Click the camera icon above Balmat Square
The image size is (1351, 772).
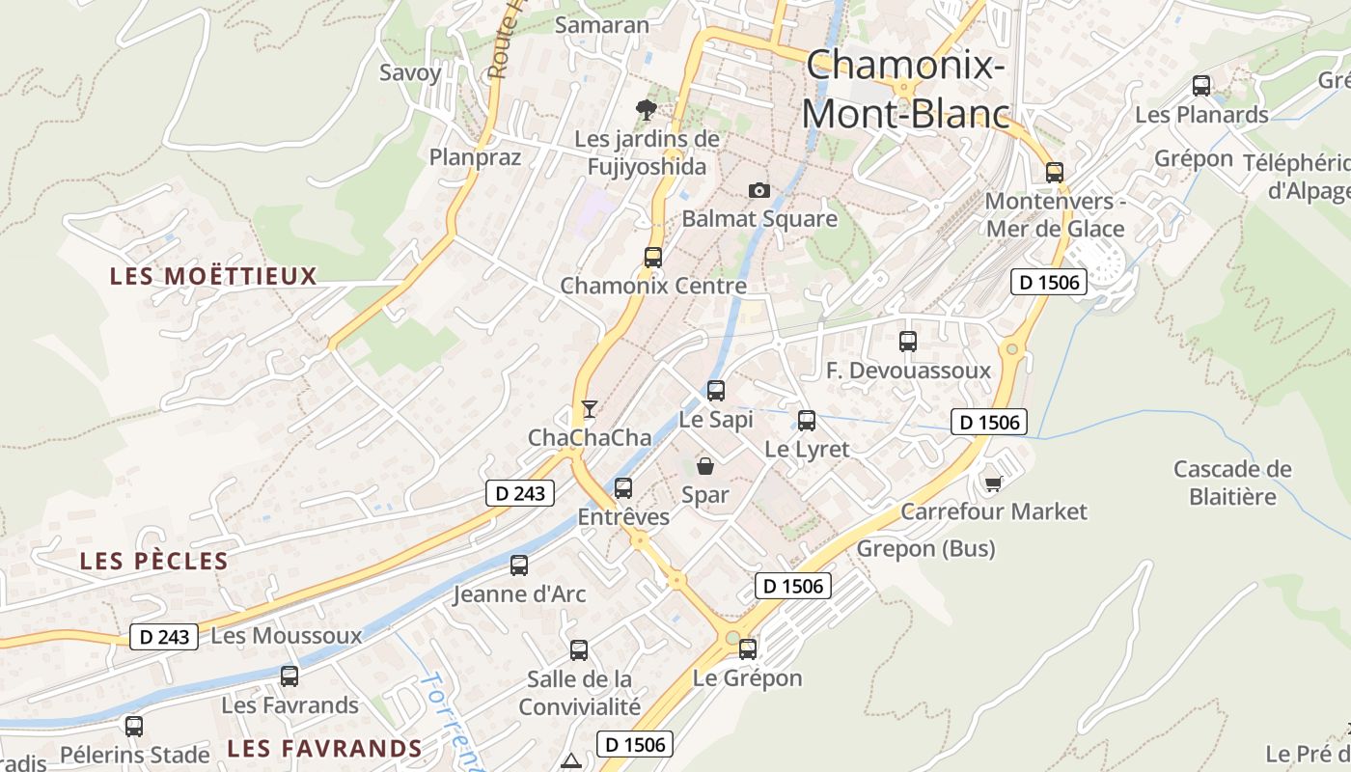pos(759,190)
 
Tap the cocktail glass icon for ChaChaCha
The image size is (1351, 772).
pos(590,409)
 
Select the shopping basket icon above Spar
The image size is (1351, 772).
pos(705,467)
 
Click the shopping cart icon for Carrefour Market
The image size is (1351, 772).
pos(993,482)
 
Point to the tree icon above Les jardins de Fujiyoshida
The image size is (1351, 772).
pos(647,109)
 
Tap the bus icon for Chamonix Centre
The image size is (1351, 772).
pos(653,258)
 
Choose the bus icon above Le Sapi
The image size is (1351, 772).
pos(715,391)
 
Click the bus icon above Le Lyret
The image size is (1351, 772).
pos(807,421)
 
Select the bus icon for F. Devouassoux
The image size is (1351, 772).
pos(907,342)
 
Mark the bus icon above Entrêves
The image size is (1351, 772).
pos(623,488)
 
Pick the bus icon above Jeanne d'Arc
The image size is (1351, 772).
pos(519,565)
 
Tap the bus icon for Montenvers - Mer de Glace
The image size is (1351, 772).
pos(1055,173)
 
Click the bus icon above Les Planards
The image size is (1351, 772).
pos(1201,86)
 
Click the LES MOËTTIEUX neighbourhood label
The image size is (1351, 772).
pos(213,277)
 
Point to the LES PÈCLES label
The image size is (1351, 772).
pos(154,562)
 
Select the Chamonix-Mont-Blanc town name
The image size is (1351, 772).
pos(905,89)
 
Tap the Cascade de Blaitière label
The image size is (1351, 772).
pos(1232,482)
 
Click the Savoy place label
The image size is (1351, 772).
pos(410,72)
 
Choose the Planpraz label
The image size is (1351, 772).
pos(475,157)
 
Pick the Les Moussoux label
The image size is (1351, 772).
pos(287,636)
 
